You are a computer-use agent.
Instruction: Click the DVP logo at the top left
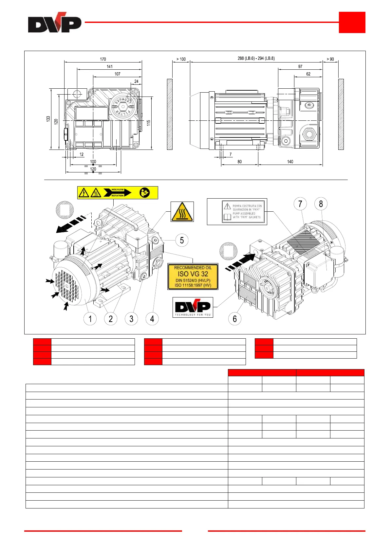coord(54,23)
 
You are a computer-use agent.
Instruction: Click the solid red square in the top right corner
coord(352,22)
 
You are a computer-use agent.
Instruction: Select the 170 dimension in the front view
coord(103,59)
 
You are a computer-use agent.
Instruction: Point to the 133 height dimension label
coord(48,119)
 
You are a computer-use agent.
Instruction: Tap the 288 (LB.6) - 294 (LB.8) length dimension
coord(256,58)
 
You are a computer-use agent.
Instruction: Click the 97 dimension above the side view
coord(300,66)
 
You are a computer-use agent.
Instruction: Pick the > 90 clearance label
coord(330,59)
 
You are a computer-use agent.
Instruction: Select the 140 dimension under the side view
coord(290,162)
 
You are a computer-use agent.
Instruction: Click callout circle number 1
coord(90,319)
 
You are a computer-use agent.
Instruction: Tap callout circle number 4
coord(152,319)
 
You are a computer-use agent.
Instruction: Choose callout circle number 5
coord(182,240)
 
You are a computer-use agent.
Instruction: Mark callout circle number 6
coord(234,319)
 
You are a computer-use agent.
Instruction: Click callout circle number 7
coord(300,204)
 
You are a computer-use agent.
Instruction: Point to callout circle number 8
coord(321,204)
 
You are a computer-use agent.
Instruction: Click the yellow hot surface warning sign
coord(182,212)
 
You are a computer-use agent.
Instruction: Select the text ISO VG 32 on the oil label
coord(193,274)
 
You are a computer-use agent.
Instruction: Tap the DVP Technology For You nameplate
coord(193,307)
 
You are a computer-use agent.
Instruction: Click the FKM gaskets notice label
coord(237,212)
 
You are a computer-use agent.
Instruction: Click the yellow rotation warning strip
coord(118,193)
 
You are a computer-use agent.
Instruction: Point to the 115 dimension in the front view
coord(149,123)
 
